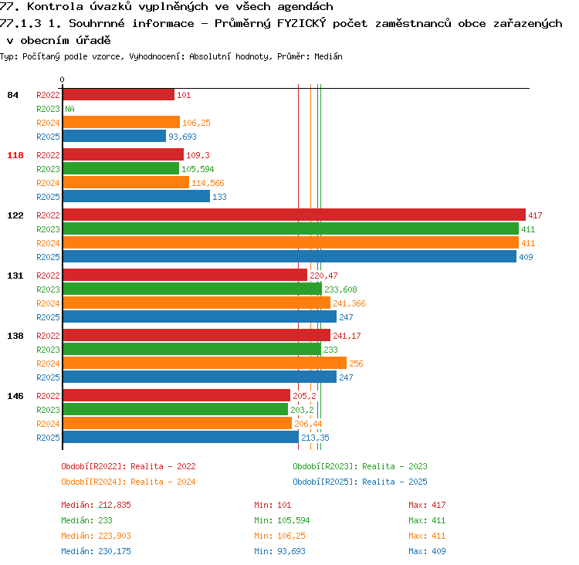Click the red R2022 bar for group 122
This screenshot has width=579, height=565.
[x=294, y=215]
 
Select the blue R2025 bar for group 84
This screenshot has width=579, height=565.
[x=114, y=136]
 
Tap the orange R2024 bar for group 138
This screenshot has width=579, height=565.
[x=205, y=363]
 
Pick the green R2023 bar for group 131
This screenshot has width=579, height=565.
[x=192, y=289]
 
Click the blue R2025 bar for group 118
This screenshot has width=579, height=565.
[x=137, y=196]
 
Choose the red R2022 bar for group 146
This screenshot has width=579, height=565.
[x=177, y=395]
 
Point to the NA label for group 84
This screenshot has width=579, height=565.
[x=69, y=109]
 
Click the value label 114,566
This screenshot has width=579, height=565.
[x=208, y=183]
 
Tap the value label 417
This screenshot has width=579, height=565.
[x=535, y=215]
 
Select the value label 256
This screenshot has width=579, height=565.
[x=356, y=364]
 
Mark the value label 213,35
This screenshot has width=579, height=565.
[x=315, y=438]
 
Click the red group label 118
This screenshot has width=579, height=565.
[x=15, y=155]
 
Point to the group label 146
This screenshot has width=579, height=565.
[x=15, y=396]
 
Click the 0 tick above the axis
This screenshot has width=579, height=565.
[x=62, y=80]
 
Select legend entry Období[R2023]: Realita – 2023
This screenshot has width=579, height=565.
[x=360, y=466]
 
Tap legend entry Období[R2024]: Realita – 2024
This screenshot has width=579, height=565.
[x=128, y=482]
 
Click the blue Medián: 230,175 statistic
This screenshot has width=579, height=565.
[x=96, y=551]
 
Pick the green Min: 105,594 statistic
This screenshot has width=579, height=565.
[x=282, y=520]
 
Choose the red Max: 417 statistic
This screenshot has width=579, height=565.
[x=427, y=505]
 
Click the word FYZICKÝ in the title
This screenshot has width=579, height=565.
[x=301, y=23]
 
